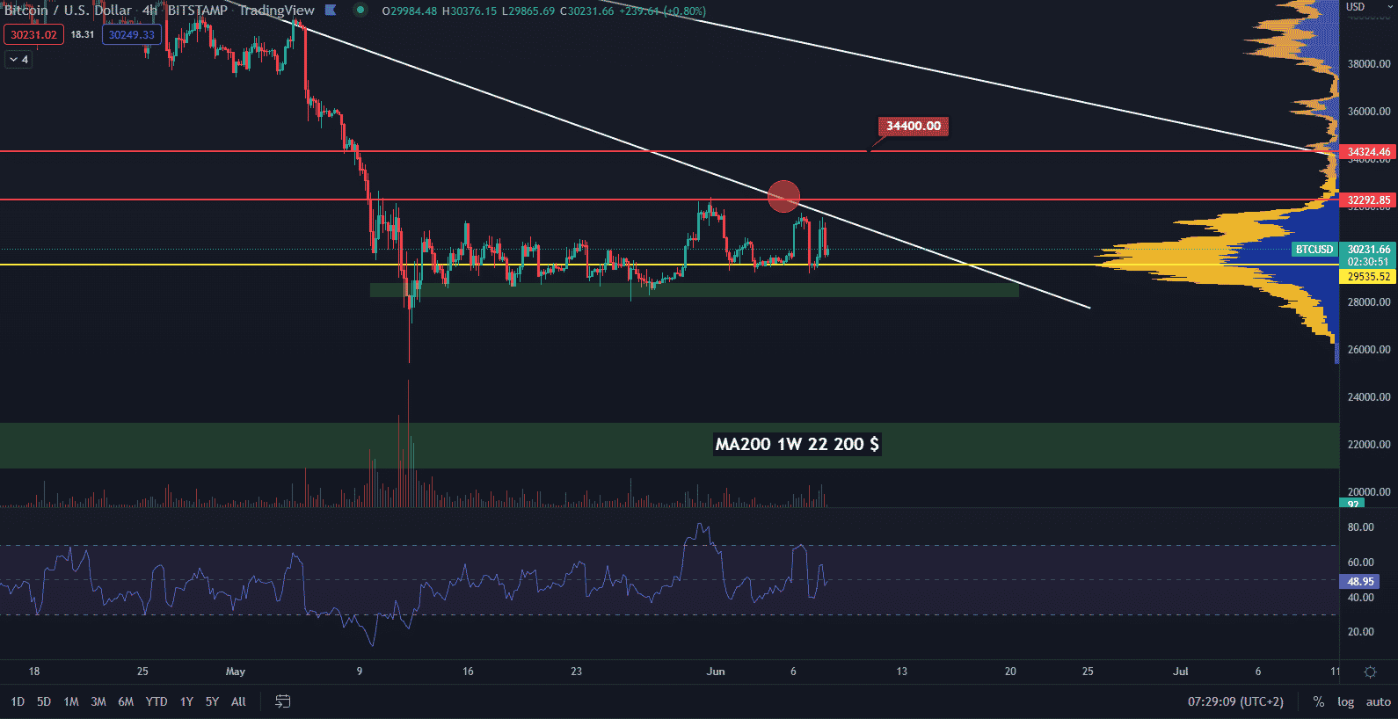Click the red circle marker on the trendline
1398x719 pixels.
tap(783, 196)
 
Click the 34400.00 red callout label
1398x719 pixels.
tap(913, 127)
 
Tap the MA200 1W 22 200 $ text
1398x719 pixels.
tap(797, 444)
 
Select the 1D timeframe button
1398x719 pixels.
tap(18, 701)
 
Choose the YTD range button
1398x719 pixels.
tap(157, 701)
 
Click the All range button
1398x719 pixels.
tap(238, 701)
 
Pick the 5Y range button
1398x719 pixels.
tap(212, 701)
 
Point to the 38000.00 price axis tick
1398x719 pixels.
tap(1369, 64)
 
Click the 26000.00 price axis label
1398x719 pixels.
tap(1369, 350)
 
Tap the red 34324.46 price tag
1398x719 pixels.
tap(1369, 152)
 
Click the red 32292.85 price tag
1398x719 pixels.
tap(1369, 200)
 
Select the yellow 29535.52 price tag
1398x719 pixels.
tap(1369, 277)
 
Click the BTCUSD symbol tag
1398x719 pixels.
tap(1314, 250)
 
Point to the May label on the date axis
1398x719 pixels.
tap(236, 672)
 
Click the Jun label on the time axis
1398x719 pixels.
tap(716, 672)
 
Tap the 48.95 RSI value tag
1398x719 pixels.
tap(1360, 582)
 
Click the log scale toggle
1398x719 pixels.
tap(1345, 701)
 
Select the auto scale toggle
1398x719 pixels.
tap(1378, 701)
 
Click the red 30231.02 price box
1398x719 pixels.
tap(33, 35)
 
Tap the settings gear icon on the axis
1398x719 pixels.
tap(1370, 672)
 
